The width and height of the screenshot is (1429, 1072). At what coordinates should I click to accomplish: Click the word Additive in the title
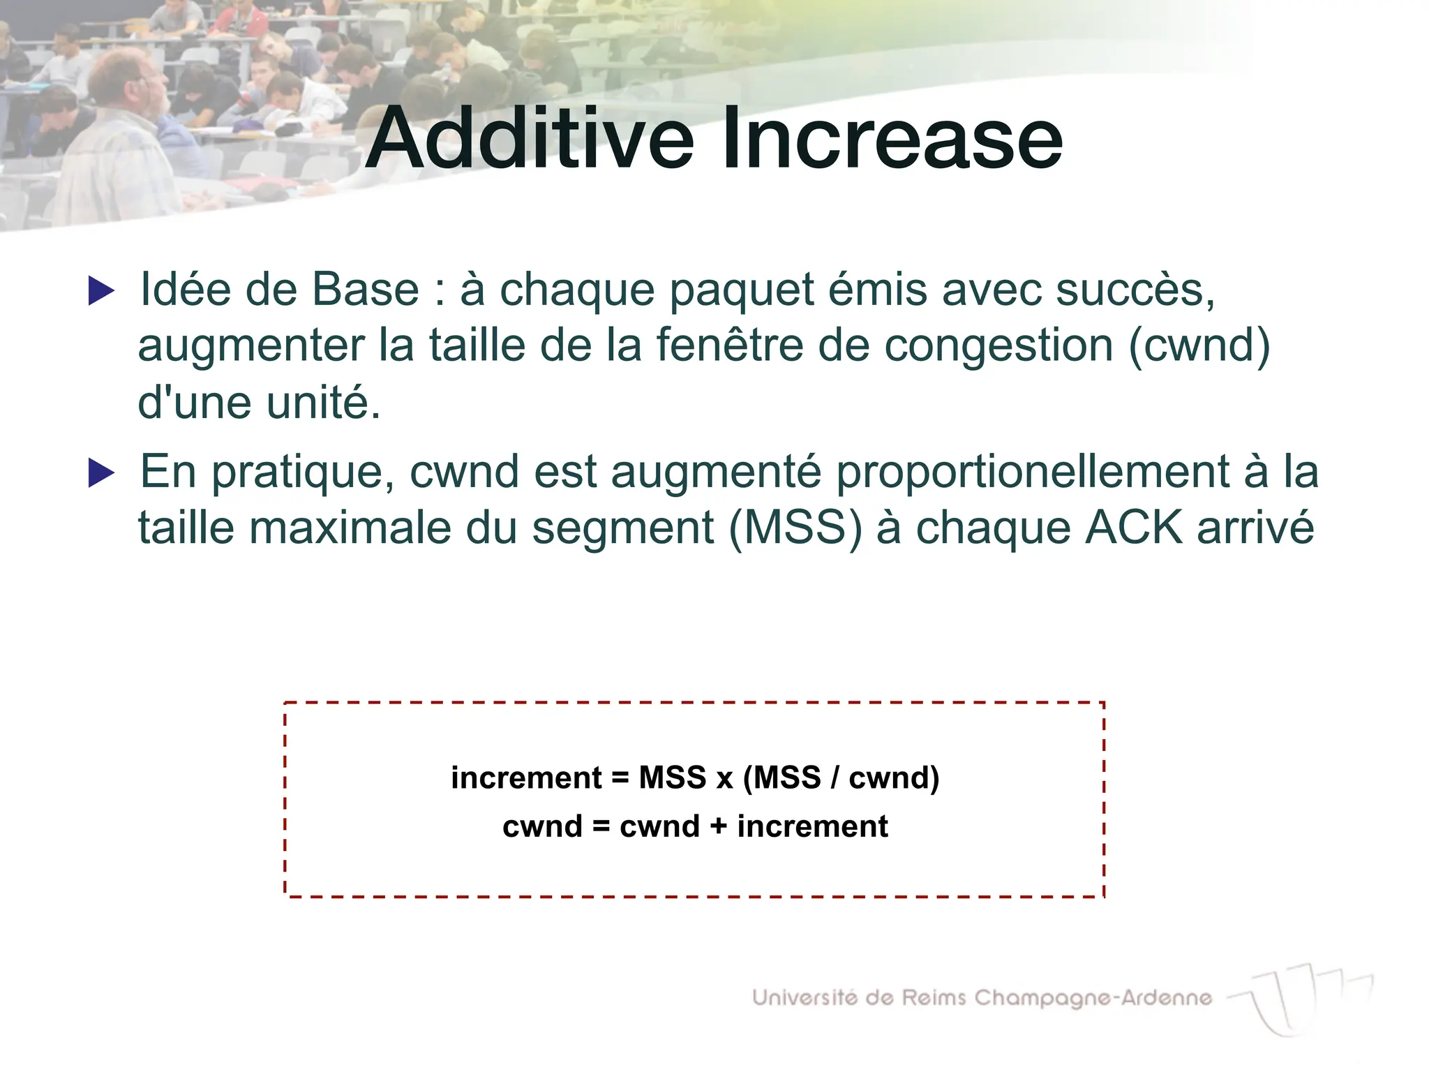click(x=530, y=138)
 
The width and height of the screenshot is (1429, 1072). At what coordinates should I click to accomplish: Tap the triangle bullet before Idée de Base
click(x=102, y=290)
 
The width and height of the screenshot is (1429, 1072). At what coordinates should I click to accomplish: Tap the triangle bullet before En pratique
click(x=102, y=473)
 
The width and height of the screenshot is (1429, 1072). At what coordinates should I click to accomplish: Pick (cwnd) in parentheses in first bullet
click(x=1199, y=346)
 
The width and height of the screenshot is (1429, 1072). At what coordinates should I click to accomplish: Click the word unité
click(x=324, y=403)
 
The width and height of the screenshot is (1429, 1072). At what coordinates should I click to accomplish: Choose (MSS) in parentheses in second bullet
click(x=795, y=528)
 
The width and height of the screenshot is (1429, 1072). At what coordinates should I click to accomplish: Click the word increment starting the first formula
click(x=526, y=777)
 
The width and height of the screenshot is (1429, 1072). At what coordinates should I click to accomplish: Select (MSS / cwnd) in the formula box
click(x=841, y=777)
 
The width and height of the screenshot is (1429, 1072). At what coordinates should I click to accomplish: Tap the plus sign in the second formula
click(x=718, y=826)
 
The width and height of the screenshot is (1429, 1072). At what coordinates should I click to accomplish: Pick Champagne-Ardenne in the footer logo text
click(x=1093, y=999)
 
